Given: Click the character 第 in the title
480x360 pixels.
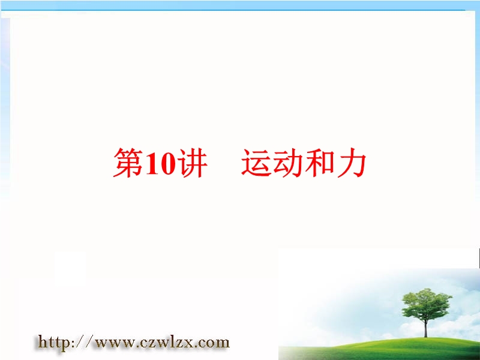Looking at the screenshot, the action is click(128, 163).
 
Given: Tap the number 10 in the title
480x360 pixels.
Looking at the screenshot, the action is click(161, 163).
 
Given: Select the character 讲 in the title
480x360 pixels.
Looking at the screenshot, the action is click(192, 163).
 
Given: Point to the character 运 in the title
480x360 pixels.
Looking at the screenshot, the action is click(257, 163).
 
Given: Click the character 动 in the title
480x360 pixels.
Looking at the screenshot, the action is click(288, 163).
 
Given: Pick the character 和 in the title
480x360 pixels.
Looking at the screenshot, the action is click(319, 163).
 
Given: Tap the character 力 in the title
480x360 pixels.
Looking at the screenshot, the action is click(351, 163).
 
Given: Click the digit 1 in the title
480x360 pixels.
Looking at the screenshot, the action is click(153, 163).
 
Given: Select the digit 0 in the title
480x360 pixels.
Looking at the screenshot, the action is click(169, 163).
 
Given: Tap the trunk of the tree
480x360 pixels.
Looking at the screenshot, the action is click(425, 328).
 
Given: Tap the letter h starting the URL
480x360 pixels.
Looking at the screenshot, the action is click(42, 341).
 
